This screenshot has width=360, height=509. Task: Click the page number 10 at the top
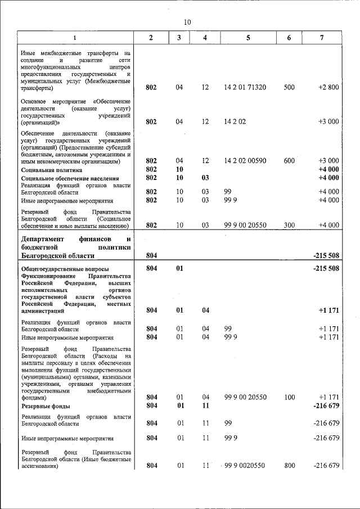click(x=187, y=21)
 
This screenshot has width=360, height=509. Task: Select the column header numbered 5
click(x=247, y=38)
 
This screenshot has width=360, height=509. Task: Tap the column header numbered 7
click(x=321, y=38)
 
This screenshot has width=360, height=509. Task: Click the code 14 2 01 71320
click(x=245, y=87)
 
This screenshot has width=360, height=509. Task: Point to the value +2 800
click(x=328, y=87)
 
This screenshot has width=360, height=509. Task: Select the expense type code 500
click(x=289, y=87)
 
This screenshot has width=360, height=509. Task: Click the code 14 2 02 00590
click(x=245, y=161)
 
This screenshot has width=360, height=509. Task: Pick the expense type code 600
click(x=289, y=161)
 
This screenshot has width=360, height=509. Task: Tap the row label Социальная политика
click(x=52, y=169)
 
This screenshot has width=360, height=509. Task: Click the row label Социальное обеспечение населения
click(x=68, y=178)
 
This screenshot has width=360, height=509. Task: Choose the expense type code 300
click(x=289, y=225)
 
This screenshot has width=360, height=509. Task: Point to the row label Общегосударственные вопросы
click(x=65, y=269)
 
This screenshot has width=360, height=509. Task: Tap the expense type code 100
click(x=289, y=397)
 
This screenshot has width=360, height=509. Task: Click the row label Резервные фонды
click(x=46, y=406)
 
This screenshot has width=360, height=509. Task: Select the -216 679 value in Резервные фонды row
click(x=326, y=406)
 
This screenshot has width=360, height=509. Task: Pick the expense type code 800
click(x=289, y=465)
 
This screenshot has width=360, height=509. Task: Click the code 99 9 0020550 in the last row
click(x=246, y=465)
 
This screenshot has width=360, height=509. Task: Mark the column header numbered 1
click(x=75, y=38)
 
